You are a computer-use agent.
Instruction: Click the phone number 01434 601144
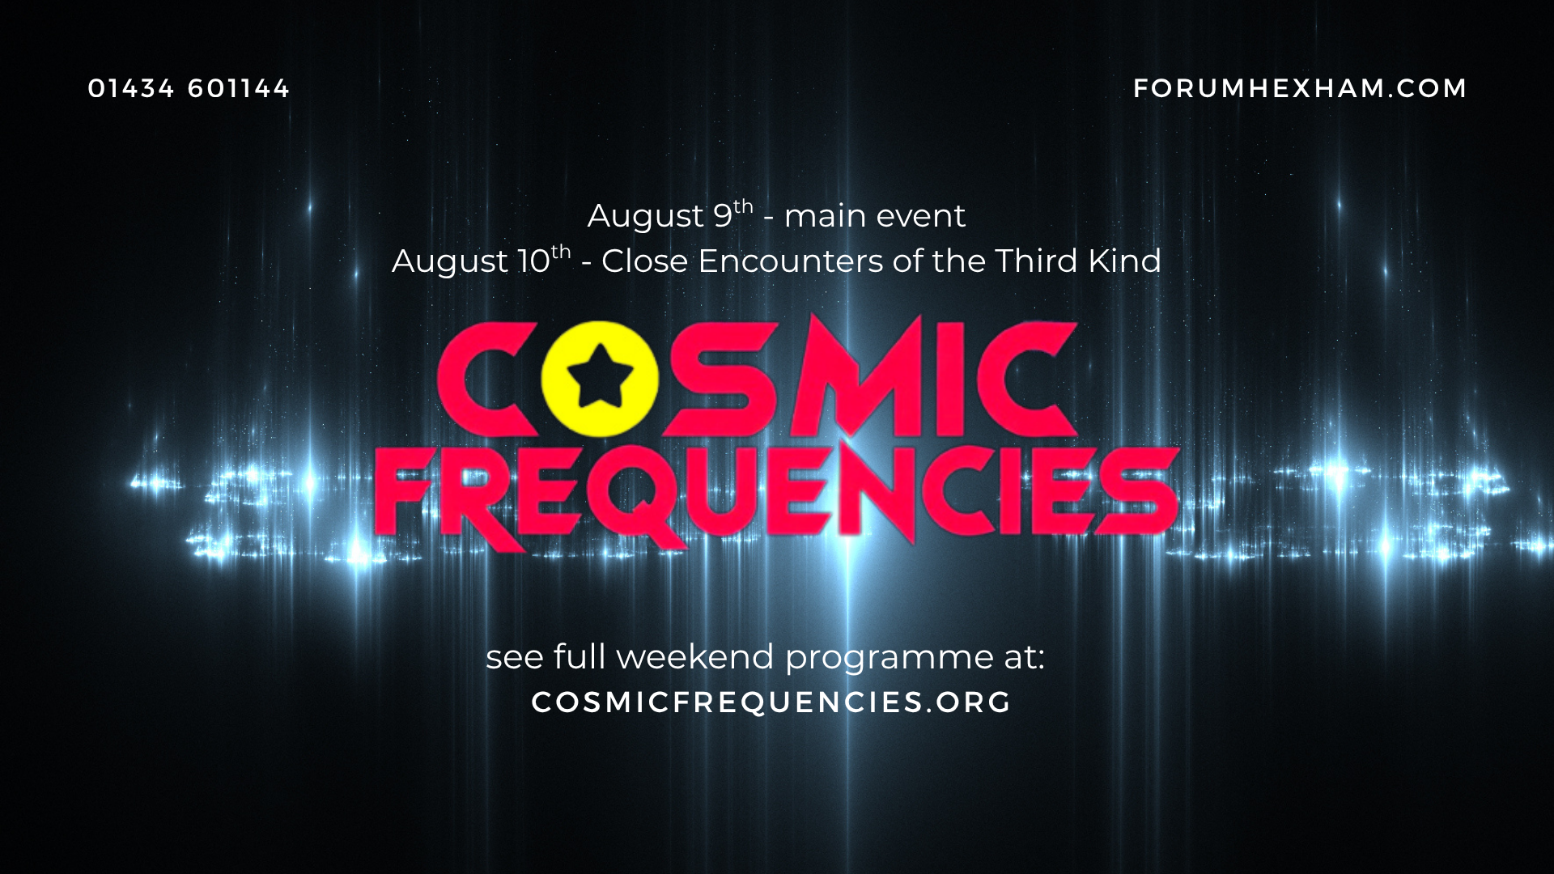click(x=189, y=88)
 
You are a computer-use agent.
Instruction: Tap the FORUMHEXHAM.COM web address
click(x=1300, y=88)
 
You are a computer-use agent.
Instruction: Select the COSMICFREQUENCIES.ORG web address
click(x=771, y=702)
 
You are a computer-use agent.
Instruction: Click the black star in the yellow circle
click(x=600, y=375)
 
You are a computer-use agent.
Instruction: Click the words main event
click(x=875, y=217)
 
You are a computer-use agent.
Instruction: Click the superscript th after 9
click(x=744, y=206)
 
